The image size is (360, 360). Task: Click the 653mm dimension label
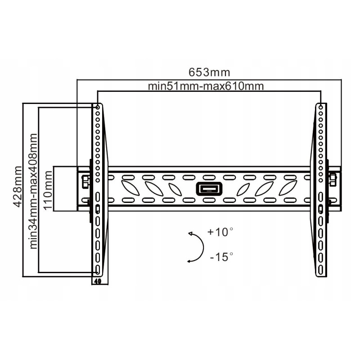[209, 72]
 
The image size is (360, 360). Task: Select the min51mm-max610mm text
[206, 86]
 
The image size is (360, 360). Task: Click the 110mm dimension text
[48, 190]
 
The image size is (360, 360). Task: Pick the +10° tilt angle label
[220, 232]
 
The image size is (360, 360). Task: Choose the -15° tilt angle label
[221, 256]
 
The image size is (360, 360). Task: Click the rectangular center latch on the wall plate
[209, 189]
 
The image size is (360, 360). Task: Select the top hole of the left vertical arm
[98, 108]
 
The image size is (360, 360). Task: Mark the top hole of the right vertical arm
[321, 108]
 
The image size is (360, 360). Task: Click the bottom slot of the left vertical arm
[98, 269]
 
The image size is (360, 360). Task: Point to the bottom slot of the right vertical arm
[321, 269]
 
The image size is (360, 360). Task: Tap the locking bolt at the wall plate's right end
[333, 180]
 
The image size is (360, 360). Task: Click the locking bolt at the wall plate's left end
[85, 181]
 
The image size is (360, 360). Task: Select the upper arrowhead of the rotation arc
[190, 234]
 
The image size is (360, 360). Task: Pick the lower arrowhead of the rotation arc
[189, 261]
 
